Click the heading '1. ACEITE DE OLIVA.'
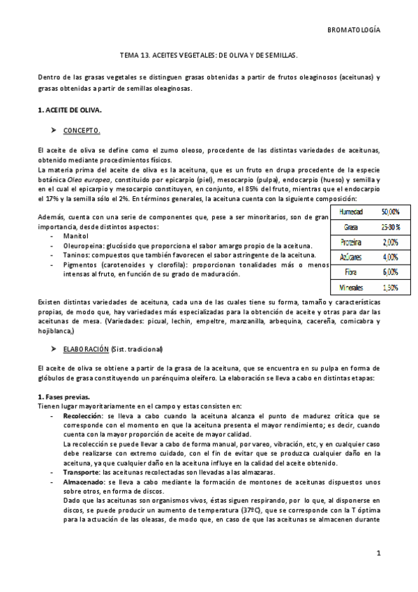tap(69, 110)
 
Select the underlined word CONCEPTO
tap(82, 130)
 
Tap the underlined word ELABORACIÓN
tap(87, 348)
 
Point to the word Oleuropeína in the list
tap(83, 246)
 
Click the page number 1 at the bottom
tap(378, 554)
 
